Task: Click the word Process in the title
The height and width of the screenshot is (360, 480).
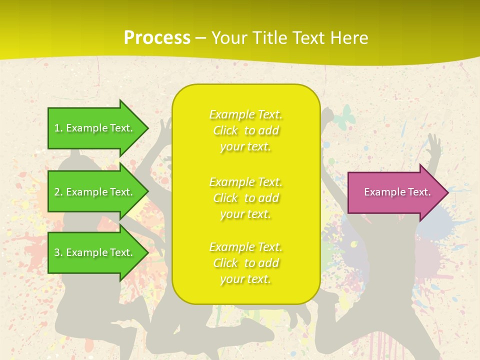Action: [x=157, y=38]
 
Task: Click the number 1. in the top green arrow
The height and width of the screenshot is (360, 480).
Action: [x=58, y=128]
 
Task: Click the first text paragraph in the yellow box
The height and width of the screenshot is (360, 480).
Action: [x=245, y=130]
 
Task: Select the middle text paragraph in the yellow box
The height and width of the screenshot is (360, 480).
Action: [x=245, y=198]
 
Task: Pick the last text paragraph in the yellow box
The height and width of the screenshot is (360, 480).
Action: [x=245, y=263]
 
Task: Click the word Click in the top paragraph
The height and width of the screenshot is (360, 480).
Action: [x=225, y=131]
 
